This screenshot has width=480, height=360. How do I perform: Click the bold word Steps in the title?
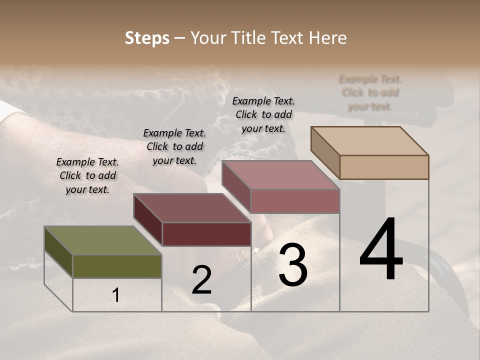[147, 38]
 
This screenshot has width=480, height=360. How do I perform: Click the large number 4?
[381, 249]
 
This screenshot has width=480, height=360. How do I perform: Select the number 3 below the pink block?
[293, 264]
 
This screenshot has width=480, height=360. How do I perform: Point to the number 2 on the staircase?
[201, 280]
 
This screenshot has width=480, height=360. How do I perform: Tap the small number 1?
[116, 295]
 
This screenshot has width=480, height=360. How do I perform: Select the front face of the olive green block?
[117, 266]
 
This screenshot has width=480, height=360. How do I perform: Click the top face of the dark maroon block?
[192, 208]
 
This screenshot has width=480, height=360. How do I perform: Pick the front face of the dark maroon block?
[206, 234]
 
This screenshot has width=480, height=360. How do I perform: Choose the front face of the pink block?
[295, 201]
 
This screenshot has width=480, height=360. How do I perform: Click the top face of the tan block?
[370, 140]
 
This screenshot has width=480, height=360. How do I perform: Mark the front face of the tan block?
[384, 167]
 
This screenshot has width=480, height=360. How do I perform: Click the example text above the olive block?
[87, 175]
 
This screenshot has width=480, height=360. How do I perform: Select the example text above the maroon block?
[174, 146]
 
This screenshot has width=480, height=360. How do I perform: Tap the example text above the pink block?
[263, 114]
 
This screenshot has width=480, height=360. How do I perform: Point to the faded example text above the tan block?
[370, 92]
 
